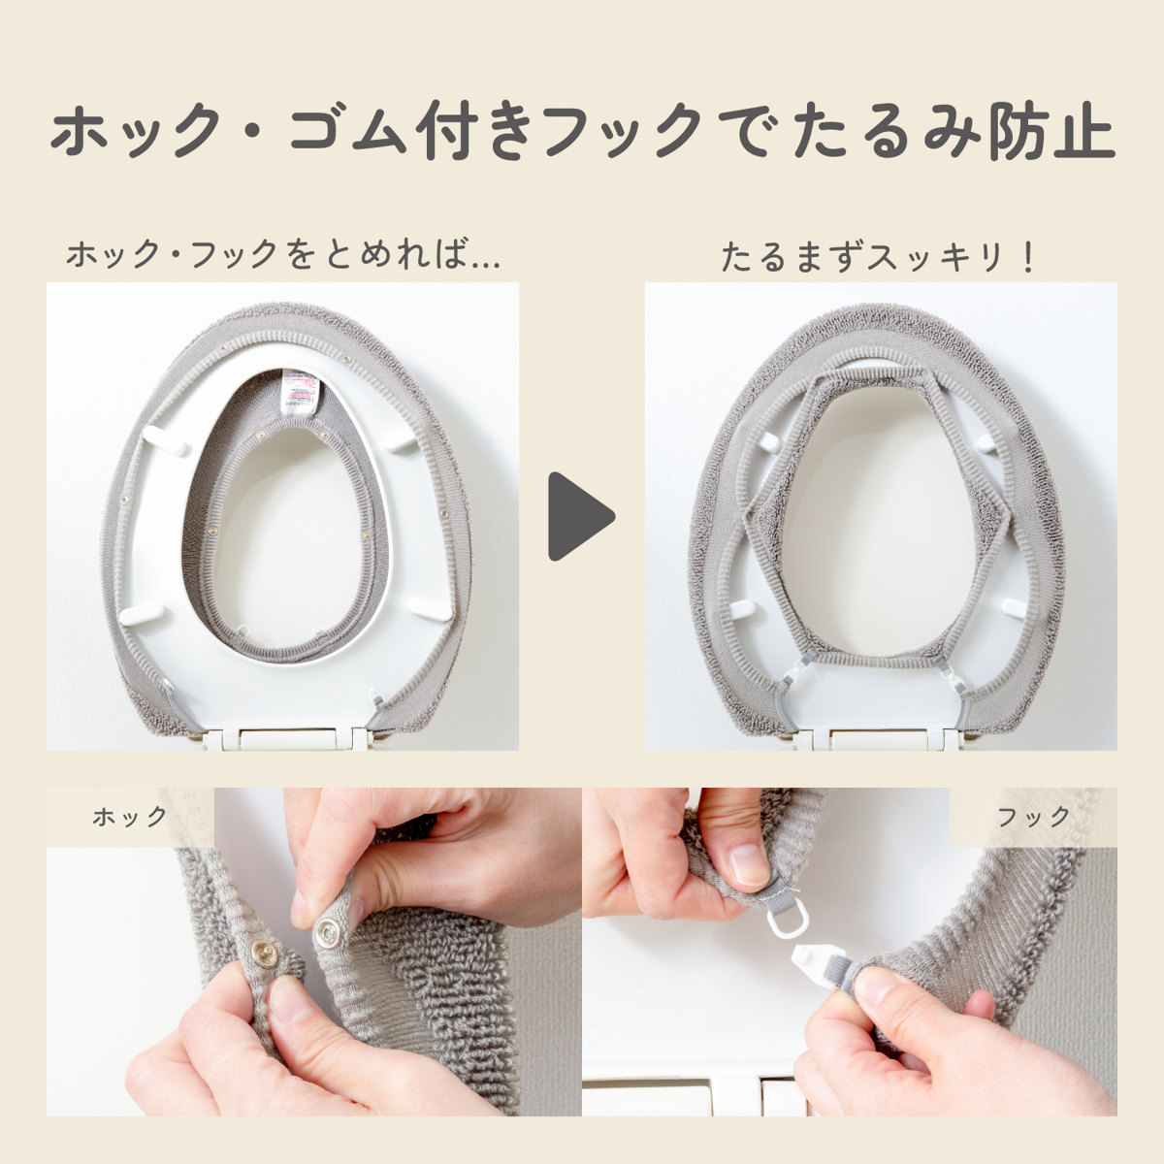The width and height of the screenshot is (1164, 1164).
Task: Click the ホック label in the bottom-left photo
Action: click(x=130, y=817)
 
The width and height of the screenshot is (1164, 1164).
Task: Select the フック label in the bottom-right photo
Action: click(x=1034, y=817)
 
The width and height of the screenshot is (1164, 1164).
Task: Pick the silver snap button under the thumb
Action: click(x=328, y=933)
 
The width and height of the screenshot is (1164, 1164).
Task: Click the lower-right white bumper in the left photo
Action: click(x=430, y=608)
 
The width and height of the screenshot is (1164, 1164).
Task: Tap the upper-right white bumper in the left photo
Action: click(x=401, y=440)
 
